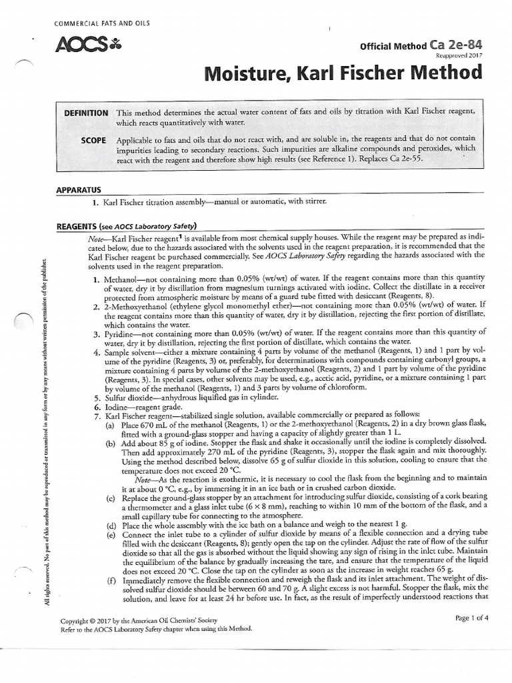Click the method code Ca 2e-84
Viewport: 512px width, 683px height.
(x=455, y=45)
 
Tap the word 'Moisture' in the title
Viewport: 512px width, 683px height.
(x=245, y=73)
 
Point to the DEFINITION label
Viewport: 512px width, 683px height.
(x=86, y=113)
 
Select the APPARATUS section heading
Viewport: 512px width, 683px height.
(x=79, y=190)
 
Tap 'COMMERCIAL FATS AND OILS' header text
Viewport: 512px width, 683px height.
(x=101, y=24)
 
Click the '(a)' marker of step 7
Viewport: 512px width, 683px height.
(x=109, y=425)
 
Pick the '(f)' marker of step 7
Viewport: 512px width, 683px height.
(x=109, y=580)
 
